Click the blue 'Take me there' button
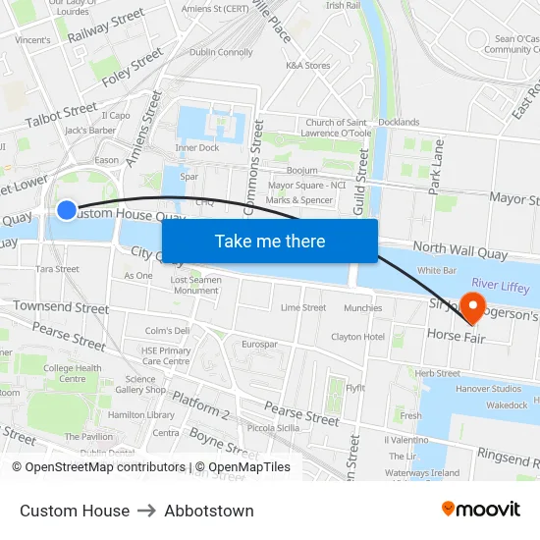coord(270,242)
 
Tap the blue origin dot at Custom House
coord(67,209)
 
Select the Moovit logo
coord(480,510)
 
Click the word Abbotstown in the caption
coord(209,511)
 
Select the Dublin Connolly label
coord(221,52)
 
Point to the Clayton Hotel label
coord(358,337)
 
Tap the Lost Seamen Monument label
coord(194,285)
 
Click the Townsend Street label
coord(61,307)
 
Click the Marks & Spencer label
coord(299,200)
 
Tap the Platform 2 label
coord(200,406)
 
